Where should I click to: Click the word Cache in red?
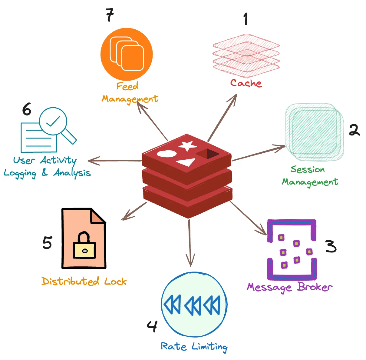pos(246,83)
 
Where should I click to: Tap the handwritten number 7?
pos(110,15)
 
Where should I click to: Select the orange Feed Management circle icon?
pos(127,54)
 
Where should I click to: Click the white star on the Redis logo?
pos(187,146)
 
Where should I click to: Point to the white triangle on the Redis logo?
pos(186,162)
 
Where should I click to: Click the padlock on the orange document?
pos(84,246)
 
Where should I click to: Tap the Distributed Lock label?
pos(84,281)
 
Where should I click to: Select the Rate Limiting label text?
pos(194,346)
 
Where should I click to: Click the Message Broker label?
pos(289,287)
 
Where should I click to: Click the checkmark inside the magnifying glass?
pos(53,122)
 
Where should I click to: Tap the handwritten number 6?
pos(27,109)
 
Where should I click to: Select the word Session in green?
pos(308,169)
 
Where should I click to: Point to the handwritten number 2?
pos(354,130)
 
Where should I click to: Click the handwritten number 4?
pos(152,326)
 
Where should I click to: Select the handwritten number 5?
pos(47,243)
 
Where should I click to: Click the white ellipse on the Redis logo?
pos(166,154)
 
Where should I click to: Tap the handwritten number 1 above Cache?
pos(246,19)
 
